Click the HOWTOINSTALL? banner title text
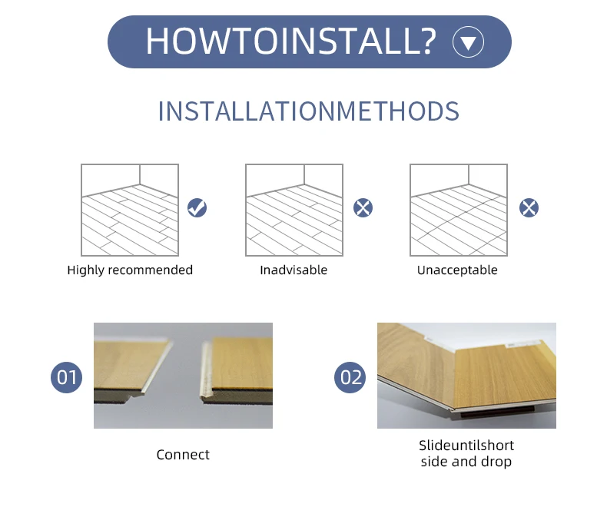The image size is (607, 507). pos(290,41)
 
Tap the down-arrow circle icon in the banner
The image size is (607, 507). pos(468,41)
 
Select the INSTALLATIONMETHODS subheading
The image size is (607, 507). pos(308,111)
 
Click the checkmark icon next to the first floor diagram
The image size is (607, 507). pos(197,207)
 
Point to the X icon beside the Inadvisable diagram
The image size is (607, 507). pos(363,207)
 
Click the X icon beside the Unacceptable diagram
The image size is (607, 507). pos(529,207)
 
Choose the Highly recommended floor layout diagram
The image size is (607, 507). pos(130,210)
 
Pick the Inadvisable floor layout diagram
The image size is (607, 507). pos(294,210)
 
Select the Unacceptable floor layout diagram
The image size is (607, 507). pos(459,210)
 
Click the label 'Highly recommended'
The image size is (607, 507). pos(130,270)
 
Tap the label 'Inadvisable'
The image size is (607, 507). pos(294,270)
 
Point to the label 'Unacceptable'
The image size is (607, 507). pos(457,270)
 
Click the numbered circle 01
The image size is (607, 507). pos(68,377)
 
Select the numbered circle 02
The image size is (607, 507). pos(350,377)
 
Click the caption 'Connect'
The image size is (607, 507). pos(183,455)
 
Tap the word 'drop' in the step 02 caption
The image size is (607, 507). pos(497,462)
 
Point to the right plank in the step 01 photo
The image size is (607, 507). pos(238,369)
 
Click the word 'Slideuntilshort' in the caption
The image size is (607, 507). pos(466,446)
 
